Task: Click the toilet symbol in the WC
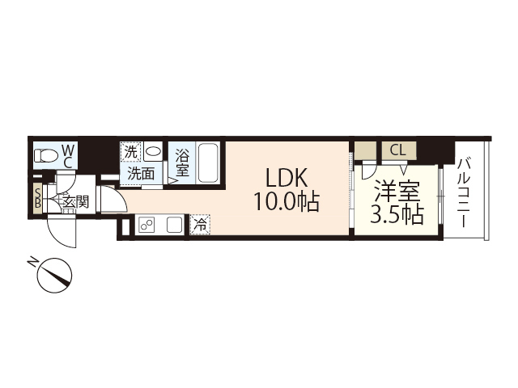tap(45, 155)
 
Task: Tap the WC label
tap(68, 155)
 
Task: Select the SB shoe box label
tap(37, 197)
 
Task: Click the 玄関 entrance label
tap(74, 201)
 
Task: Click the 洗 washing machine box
tap(131, 151)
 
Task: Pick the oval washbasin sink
tap(153, 151)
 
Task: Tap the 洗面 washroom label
tap(141, 173)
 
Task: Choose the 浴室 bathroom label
tap(183, 162)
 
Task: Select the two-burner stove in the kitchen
tap(146, 226)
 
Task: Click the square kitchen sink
tap(174, 226)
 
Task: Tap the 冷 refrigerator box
tap(198, 226)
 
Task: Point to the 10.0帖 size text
tap(286, 201)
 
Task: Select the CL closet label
tap(397, 150)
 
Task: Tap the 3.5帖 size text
tap(397, 216)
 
